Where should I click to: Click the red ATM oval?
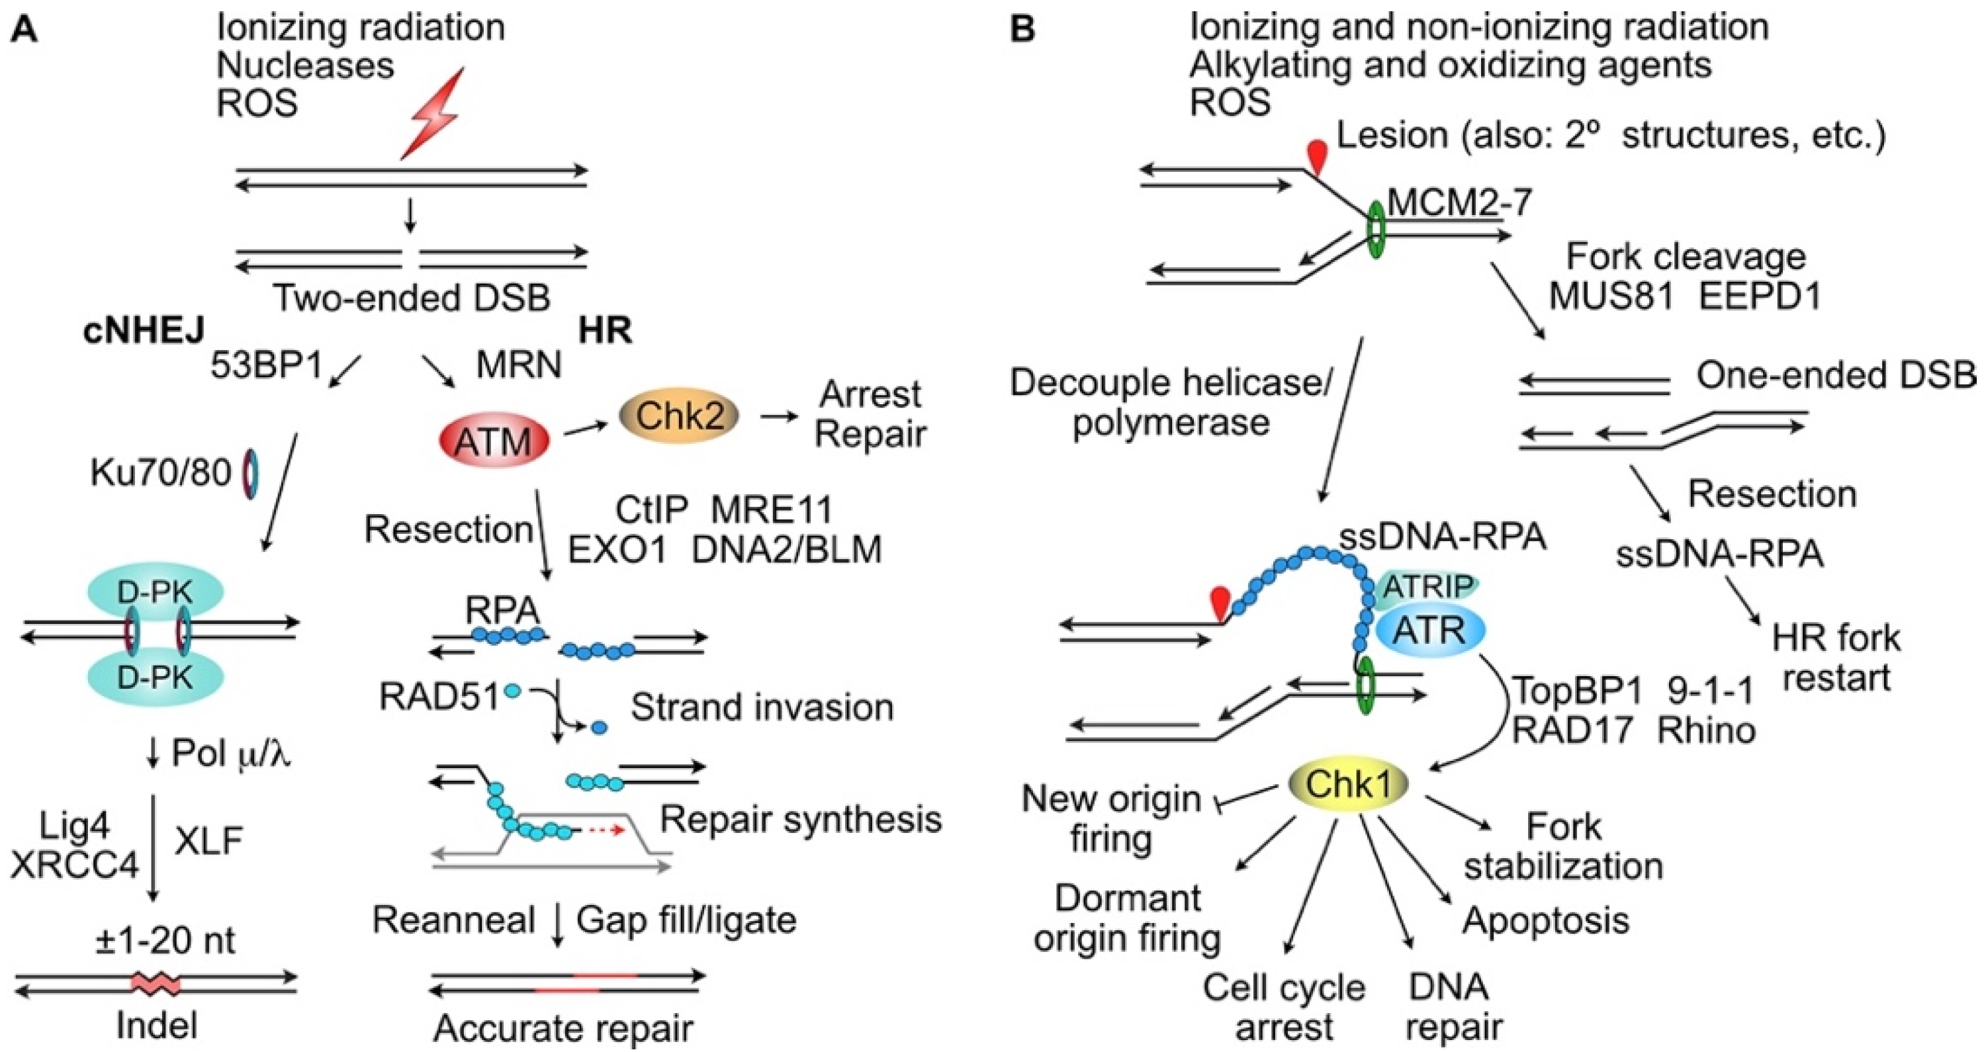494,441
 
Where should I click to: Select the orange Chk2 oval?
678,416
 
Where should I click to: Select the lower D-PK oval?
157,678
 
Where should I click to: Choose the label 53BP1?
267,367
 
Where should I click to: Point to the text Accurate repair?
563,1028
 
